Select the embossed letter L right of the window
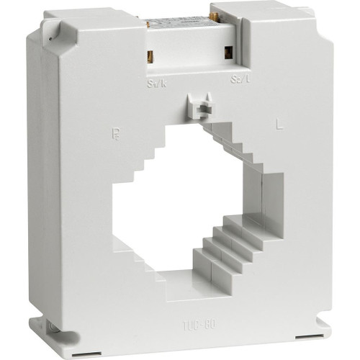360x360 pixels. pyautogui.click(x=277, y=124)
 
